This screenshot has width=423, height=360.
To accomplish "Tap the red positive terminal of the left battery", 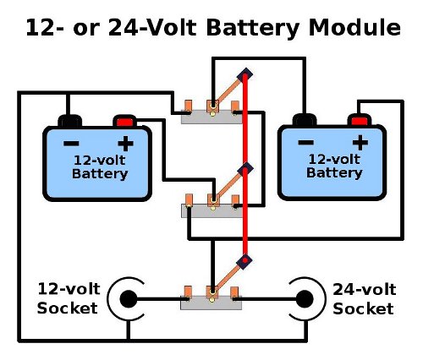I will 125,121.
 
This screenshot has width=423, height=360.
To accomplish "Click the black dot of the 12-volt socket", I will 128,299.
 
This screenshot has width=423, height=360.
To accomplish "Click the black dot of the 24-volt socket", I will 302,299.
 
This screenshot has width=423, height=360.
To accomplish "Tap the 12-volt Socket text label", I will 68,299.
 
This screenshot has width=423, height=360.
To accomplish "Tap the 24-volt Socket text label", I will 363,299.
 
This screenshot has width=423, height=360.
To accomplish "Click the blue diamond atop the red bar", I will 245,76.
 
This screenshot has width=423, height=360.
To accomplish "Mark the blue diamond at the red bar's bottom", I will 245,260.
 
